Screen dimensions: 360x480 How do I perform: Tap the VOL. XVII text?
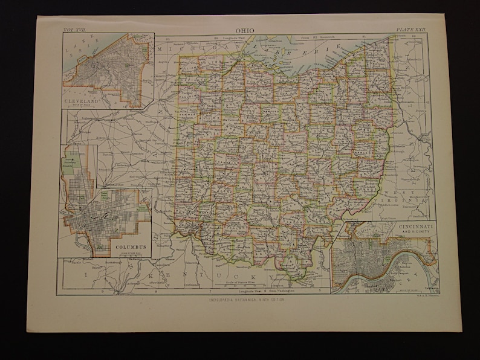coord(75,28)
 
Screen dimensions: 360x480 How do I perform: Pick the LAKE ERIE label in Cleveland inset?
coord(83,48)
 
